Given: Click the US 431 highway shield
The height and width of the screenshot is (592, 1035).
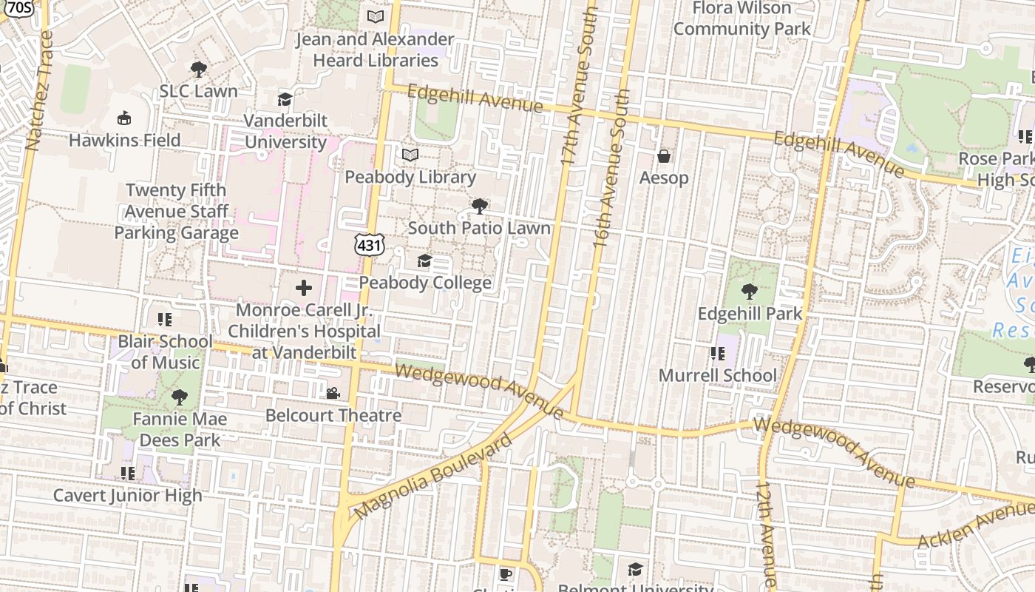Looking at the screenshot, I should [x=368, y=243].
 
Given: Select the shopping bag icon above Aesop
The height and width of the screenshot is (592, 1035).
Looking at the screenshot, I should [x=664, y=156].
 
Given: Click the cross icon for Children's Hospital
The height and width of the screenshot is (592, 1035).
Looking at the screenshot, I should [x=303, y=288].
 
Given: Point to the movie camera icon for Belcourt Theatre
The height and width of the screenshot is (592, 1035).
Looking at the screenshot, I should [x=333, y=393].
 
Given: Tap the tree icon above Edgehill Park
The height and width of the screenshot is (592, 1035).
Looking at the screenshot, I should [x=750, y=292].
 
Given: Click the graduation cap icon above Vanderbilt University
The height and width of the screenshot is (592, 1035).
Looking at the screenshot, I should [x=285, y=99].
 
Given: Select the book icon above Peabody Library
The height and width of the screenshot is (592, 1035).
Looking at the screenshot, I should [x=410, y=155].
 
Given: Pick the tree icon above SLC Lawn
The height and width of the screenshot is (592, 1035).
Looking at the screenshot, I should [x=198, y=70].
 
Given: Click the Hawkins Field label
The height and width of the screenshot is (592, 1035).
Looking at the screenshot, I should [x=124, y=140].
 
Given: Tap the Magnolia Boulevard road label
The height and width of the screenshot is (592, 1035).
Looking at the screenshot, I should [x=432, y=477].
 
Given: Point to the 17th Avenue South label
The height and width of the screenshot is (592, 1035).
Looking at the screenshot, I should [x=579, y=85].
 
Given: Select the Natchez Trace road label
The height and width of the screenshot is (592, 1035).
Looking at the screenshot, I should [x=38, y=90].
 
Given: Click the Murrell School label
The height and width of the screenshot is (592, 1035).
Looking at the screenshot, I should [x=717, y=375].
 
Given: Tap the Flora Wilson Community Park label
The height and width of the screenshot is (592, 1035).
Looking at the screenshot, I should [x=742, y=18].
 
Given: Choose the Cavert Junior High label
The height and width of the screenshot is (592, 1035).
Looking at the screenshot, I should [x=127, y=495].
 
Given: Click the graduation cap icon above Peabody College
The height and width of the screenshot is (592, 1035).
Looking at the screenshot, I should [x=424, y=260].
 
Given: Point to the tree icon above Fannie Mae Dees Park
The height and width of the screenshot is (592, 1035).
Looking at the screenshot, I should [x=179, y=397].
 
